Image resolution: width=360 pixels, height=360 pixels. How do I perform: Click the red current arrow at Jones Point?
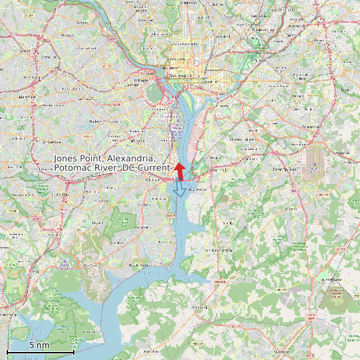pyautogui.click(x=179, y=171)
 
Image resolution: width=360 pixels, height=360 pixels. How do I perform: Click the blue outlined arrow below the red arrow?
pyautogui.click(x=179, y=190)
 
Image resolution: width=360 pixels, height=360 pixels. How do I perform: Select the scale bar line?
pyautogui.click(x=40, y=351)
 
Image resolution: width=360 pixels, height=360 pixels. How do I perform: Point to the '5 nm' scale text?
pyautogui.click(x=39, y=345)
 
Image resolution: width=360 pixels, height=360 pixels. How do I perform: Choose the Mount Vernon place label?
pyautogui.click(x=139, y=265)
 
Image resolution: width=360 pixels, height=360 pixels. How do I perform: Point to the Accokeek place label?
pyautogui.click(x=200, y=308)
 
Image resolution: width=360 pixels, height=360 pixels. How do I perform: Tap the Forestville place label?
pyautogui.click(x=305, y=126)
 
